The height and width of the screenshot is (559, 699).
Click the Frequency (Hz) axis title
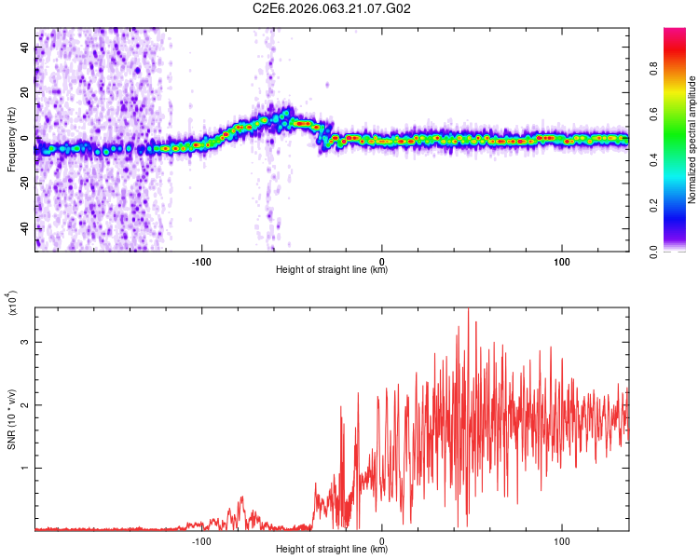[11, 140]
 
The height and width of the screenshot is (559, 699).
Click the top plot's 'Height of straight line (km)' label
[332, 270]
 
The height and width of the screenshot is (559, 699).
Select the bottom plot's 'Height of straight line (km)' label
[332, 550]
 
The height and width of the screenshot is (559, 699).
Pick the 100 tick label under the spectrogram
[562, 260]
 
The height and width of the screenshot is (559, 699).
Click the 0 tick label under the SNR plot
[383, 539]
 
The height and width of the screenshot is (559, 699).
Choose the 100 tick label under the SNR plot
[562, 539]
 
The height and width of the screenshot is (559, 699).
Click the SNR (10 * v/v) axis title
[11, 418]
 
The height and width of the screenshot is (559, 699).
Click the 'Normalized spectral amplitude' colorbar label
[692, 140]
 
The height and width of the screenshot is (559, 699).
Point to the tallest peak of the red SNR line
[468, 308]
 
